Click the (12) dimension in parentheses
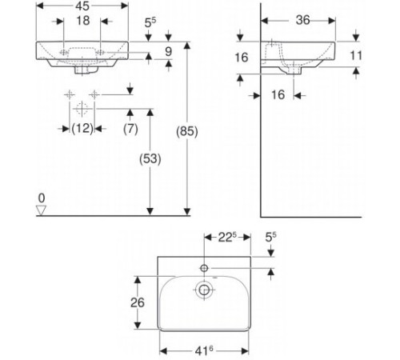[x=82, y=129]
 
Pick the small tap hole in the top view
[x=205, y=267]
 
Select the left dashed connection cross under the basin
[x=70, y=95]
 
